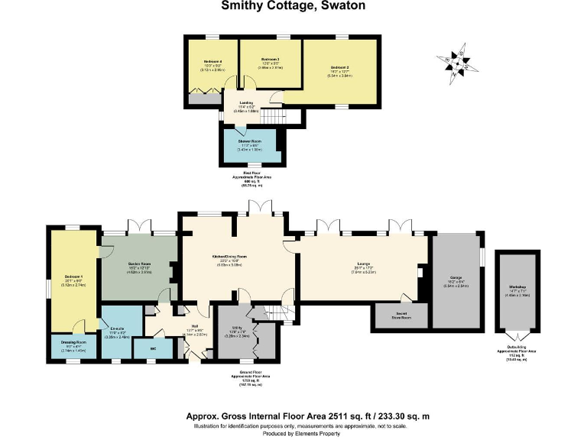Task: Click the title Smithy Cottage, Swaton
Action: [x=293, y=6]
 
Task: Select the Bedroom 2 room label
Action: [x=338, y=68]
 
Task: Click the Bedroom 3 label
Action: [x=270, y=59]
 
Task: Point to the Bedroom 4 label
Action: [x=212, y=61]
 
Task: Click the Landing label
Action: [x=246, y=105]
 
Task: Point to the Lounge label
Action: [x=363, y=267]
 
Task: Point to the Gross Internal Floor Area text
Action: [x=308, y=416]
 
